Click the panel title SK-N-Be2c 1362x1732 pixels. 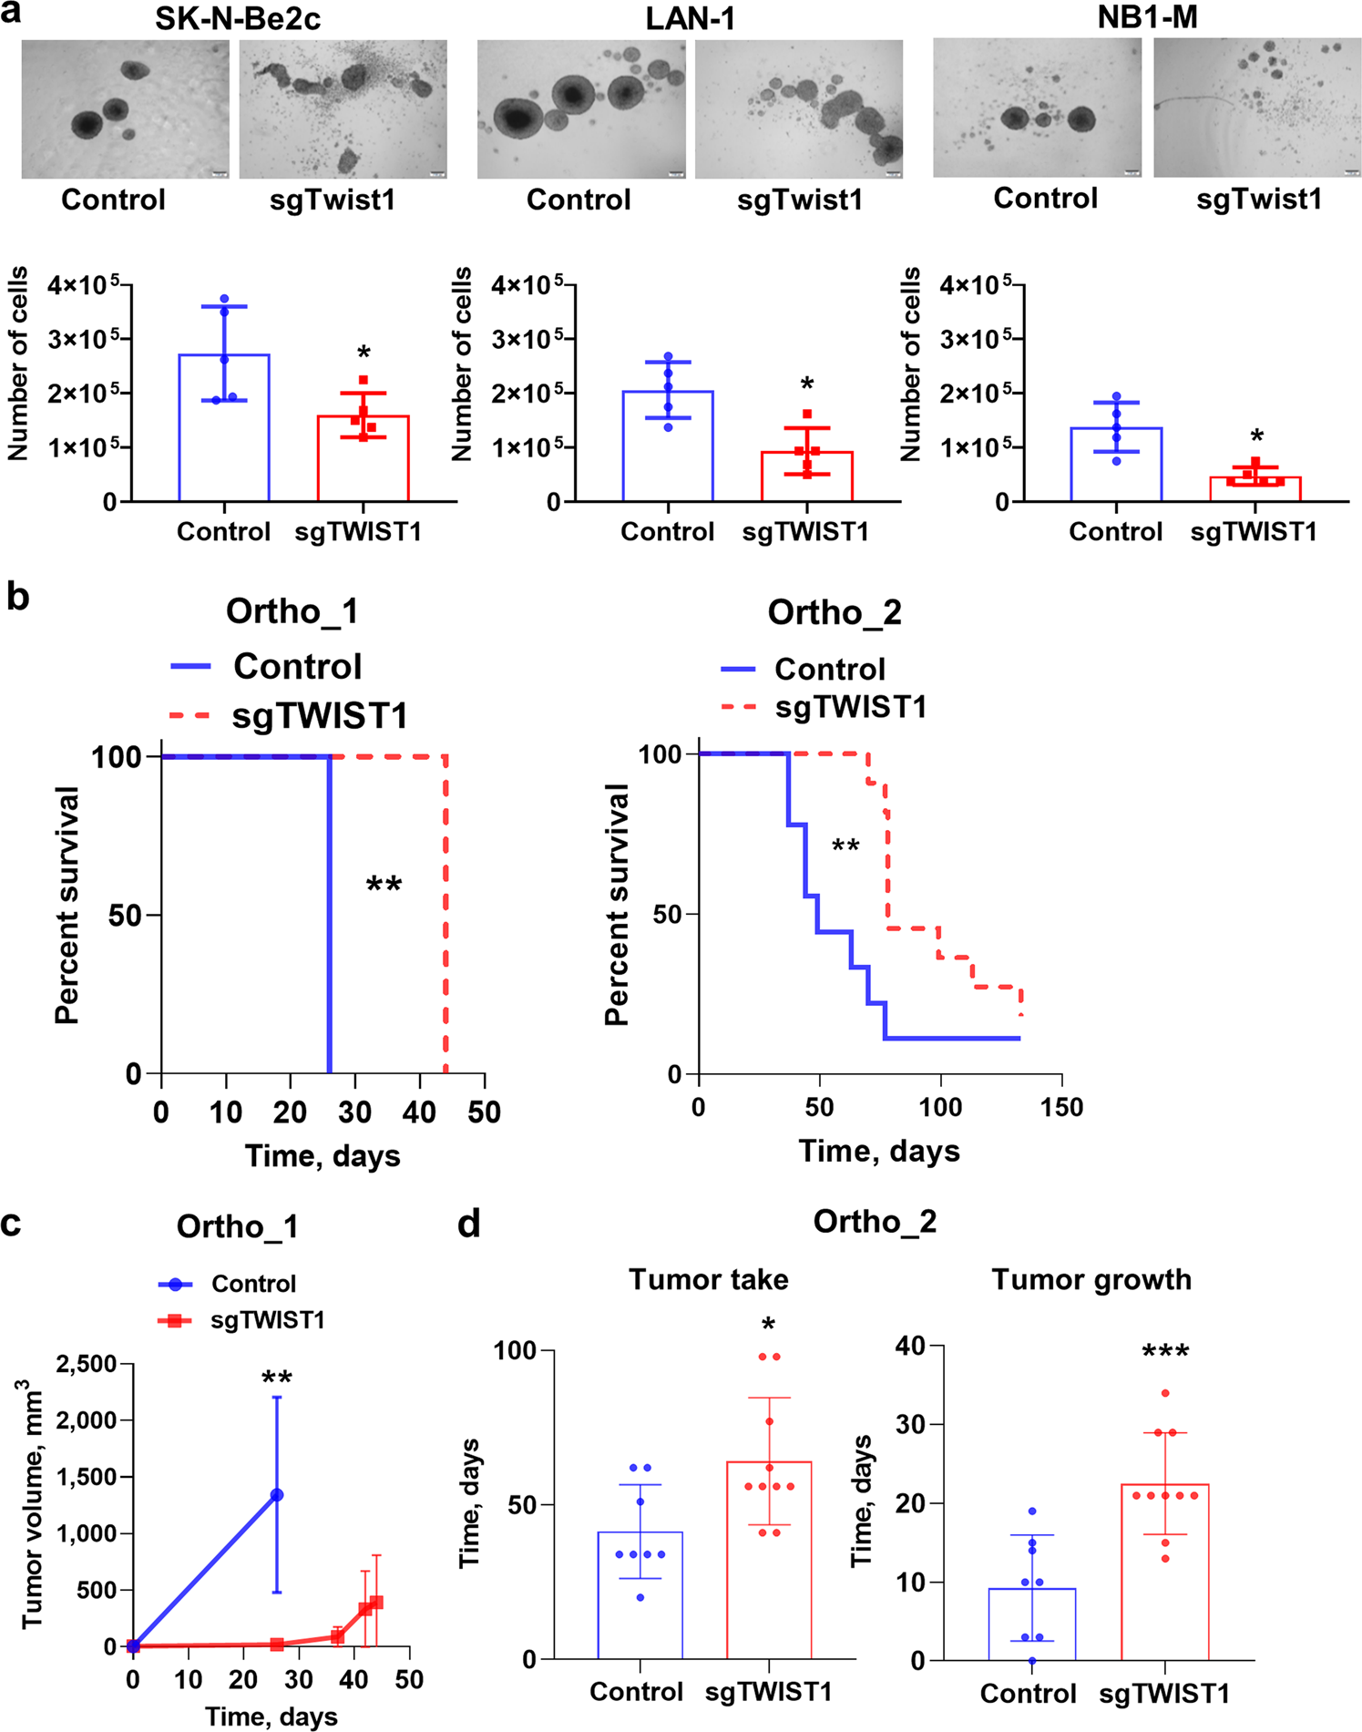[x=237, y=18]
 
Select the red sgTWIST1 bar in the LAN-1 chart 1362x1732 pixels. [x=806, y=477]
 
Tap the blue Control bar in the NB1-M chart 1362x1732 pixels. [x=1116, y=466]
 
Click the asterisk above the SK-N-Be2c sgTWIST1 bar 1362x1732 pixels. [x=364, y=354]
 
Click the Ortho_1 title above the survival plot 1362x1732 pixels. [x=292, y=611]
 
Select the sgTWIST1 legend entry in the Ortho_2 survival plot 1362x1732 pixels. [x=849, y=707]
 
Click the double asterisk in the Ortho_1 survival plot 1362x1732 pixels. [x=384, y=885]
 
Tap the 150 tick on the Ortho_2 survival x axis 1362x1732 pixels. [x=1061, y=1108]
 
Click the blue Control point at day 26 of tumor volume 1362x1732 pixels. [x=277, y=1495]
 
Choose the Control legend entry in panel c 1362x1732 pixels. [x=252, y=1284]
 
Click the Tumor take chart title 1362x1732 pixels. [x=708, y=1279]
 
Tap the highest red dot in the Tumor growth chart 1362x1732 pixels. [x=1165, y=1393]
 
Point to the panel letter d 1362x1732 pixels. [x=469, y=1225]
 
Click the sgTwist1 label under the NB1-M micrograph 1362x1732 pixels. [x=1258, y=199]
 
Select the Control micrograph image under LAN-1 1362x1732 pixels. [x=580, y=109]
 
